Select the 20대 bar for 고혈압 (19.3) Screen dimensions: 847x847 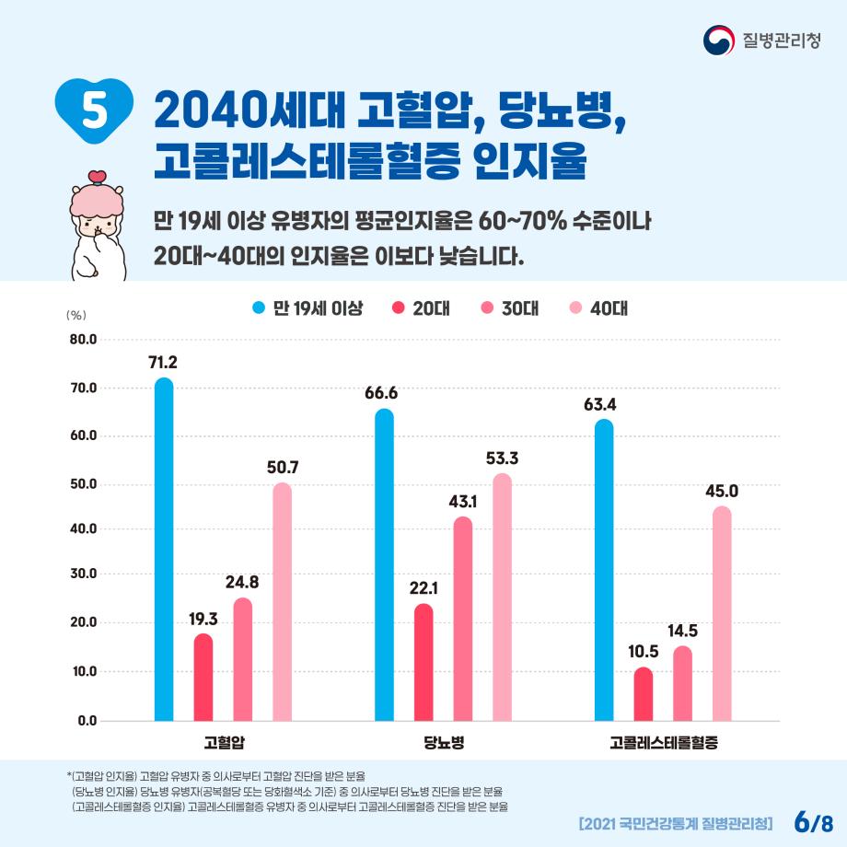[203, 677]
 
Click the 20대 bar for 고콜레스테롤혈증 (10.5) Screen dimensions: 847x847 [644, 694]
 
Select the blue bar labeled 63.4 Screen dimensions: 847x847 [604, 570]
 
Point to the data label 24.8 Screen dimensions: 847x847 [242, 582]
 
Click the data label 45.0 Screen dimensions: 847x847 [722, 492]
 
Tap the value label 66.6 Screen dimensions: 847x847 [381, 393]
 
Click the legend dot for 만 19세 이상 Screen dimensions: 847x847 [259, 307]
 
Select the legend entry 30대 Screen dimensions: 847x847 [511, 307]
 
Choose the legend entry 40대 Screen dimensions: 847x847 [599, 307]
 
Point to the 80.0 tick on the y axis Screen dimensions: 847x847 [83, 340]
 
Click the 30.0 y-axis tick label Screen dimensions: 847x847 [83, 574]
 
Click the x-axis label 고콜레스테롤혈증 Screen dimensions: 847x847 [663, 741]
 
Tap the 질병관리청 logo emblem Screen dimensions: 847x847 [718, 41]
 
